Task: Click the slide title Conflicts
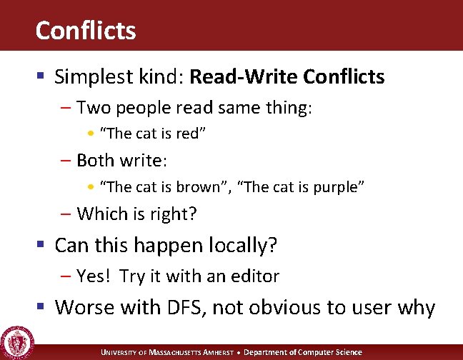[85, 31]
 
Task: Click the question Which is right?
[136, 213]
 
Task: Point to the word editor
[254, 276]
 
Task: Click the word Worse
[81, 307]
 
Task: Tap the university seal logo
[16, 341]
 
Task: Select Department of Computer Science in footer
[309, 352]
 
